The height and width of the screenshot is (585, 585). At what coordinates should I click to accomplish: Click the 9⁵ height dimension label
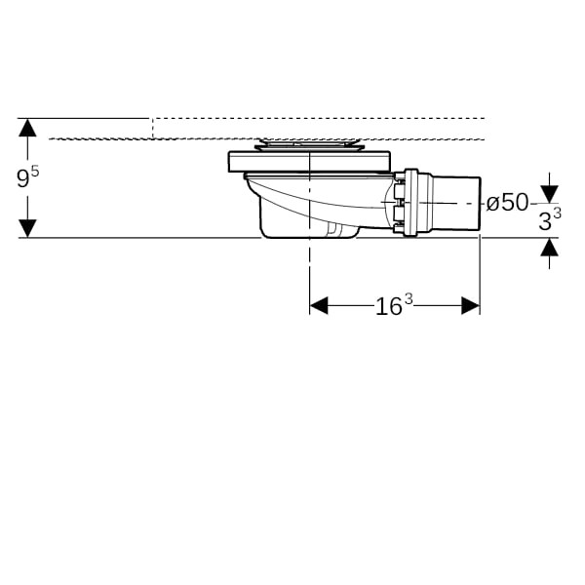(28, 177)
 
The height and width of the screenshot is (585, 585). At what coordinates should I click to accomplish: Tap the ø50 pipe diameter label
(507, 203)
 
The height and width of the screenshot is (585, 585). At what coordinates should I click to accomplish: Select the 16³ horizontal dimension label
(394, 305)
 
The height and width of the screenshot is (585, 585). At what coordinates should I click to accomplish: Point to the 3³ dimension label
(550, 219)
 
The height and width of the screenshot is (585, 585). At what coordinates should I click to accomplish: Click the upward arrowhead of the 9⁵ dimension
(27, 127)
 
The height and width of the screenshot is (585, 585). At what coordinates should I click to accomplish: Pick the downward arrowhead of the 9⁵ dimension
(27, 228)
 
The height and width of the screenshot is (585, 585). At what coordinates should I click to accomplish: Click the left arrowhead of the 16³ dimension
(319, 305)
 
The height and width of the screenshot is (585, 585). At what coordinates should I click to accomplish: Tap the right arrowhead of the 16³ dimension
(471, 305)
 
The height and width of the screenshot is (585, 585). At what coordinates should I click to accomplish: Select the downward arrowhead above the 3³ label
(549, 195)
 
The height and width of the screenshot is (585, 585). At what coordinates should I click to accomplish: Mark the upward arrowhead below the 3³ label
(549, 247)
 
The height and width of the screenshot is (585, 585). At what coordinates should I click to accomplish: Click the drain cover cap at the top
(309, 144)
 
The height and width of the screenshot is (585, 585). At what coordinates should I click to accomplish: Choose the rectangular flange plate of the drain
(309, 162)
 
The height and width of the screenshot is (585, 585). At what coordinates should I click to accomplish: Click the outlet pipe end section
(456, 203)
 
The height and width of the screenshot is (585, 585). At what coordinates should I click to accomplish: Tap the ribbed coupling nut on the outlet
(410, 202)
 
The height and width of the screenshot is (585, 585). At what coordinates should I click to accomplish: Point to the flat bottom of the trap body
(310, 235)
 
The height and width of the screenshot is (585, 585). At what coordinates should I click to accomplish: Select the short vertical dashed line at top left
(152, 129)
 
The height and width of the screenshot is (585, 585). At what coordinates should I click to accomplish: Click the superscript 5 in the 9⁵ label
(35, 172)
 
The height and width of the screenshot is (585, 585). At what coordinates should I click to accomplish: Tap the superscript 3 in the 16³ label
(409, 299)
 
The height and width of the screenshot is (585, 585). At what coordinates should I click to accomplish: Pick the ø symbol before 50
(492, 204)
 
